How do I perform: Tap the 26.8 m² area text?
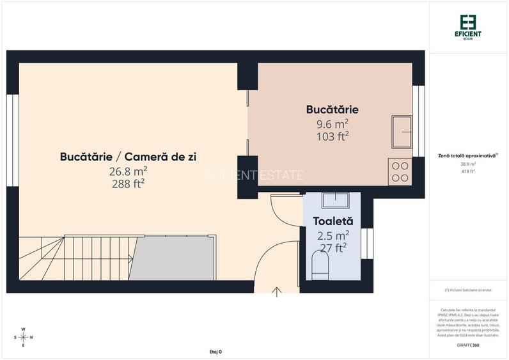click(128, 171)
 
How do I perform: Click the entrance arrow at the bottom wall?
click(277, 292)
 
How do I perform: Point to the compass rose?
click(23, 337)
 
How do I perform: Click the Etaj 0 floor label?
click(215, 352)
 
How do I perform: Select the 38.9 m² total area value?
click(468, 164)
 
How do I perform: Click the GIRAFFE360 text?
click(468, 345)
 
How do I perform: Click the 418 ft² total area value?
click(468, 171)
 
